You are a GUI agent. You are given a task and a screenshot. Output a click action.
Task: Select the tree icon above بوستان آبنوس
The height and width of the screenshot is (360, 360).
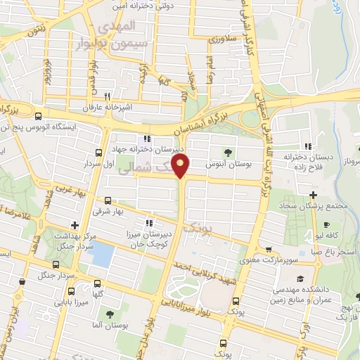pyautogui.click(x=226, y=151)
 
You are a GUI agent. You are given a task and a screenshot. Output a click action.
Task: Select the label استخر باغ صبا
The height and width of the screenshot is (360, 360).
pyautogui.click(x=335, y=250)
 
